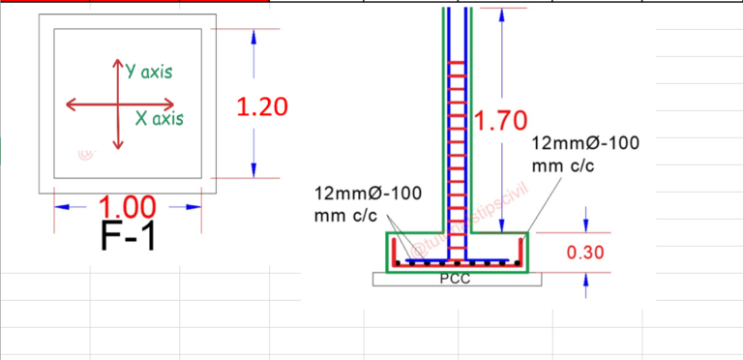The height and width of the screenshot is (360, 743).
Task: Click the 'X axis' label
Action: pyautogui.click(x=158, y=119)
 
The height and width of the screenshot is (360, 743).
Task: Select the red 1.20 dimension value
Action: pyautogui.click(x=262, y=106)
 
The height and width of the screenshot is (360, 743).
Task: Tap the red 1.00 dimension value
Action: pyautogui.click(x=128, y=206)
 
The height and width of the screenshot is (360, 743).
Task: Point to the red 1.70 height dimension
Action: pyautogui.click(x=502, y=121)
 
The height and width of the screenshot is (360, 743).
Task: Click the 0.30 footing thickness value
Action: pyautogui.click(x=585, y=253)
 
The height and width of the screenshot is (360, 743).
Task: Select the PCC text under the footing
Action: pyautogui.click(x=455, y=280)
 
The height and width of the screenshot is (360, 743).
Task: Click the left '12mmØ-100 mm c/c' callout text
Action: pyautogui.click(x=368, y=203)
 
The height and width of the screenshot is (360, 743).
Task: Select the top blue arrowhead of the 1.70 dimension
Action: pyautogui.click(x=503, y=15)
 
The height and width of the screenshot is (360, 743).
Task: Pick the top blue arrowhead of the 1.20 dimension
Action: pyautogui.click(x=253, y=36)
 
